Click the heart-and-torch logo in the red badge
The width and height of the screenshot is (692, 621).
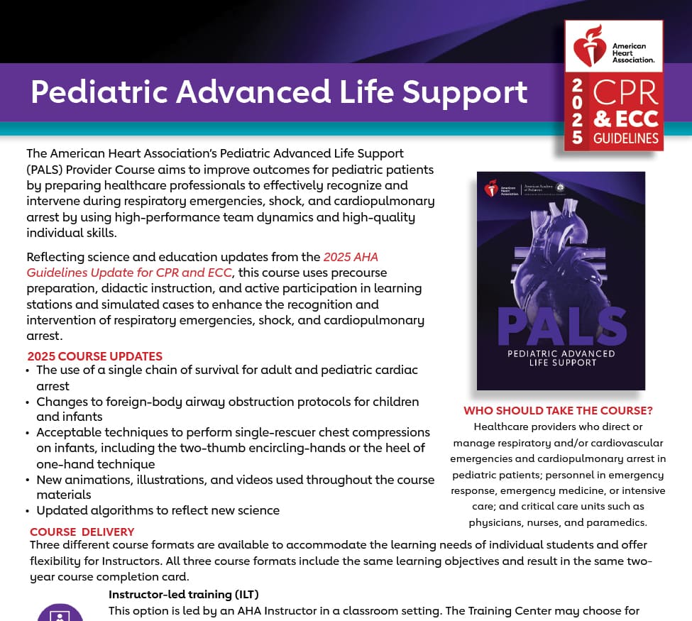pyautogui.click(x=588, y=47)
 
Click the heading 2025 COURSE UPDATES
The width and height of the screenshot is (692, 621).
pyautogui.click(x=95, y=356)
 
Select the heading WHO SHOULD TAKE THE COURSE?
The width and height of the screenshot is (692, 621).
pyautogui.click(x=558, y=411)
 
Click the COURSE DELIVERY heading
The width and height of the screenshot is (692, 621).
pyautogui.click(x=82, y=532)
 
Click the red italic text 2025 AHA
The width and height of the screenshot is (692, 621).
pyautogui.click(x=351, y=257)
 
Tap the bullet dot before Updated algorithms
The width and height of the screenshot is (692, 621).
pyautogui.click(x=28, y=511)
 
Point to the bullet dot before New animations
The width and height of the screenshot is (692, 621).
pyautogui.click(x=28, y=480)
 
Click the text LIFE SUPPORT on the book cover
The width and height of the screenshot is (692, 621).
pyautogui.click(x=561, y=363)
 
